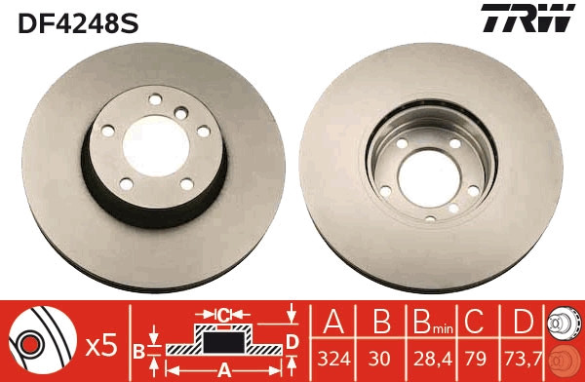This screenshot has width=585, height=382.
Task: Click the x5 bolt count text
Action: tap(102, 344)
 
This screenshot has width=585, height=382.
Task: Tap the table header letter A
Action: tap(333, 323)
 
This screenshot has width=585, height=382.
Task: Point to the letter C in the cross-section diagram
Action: tap(222, 315)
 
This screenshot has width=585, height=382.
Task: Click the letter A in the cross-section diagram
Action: tap(223, 369)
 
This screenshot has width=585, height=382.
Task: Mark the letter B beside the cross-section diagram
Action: tap(138, 348)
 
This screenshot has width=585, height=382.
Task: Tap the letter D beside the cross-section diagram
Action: tap(291, 340)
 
